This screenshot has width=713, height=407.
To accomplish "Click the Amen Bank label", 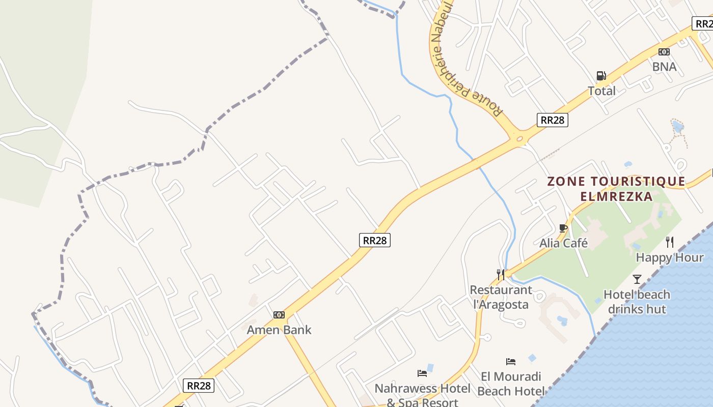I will pyautogui.click(x=279, y=330).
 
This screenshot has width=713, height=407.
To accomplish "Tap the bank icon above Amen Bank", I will pyautogui.click(x=279, y=315).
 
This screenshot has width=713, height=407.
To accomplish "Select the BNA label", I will pyautogui.click(x=664, y=67).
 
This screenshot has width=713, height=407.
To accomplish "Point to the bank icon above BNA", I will pyautogui.click(x=664, y=51).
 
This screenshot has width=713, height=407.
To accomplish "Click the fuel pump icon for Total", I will pyautogui.click(x=601, y=76).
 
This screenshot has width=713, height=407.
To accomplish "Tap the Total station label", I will pyautogui.click(x=601, y=91).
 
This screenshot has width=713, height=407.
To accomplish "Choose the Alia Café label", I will pyautogui.click(x=563, y=243).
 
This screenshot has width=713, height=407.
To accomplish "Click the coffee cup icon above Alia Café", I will pyautogui.click(x=563, y=228).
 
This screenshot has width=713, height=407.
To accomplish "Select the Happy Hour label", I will pyautogui.click(x=669, y=257).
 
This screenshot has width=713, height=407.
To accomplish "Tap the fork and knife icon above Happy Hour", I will pyautogui.click(x=670, y=242).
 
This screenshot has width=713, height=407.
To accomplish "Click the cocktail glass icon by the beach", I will pyautogui.click(x=637, y=279).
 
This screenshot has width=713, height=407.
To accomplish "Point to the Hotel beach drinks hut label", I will pyautogui.click(x=637, y=302).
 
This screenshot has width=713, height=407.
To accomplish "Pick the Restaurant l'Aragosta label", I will pyautogui.click(x=501, y=297).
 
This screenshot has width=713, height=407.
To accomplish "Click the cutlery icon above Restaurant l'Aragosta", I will pyautogui.click(x=501, y=275).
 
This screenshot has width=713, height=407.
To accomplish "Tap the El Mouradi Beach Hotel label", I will pyautogui.click(x=511, y=384).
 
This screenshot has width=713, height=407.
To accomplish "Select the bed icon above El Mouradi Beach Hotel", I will pyautogui.click(x=511, y=362).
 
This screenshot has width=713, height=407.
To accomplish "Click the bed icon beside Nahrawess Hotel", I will pyautogui.click(x=422, y=373).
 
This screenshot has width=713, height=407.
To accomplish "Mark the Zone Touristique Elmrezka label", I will pyautogui.click(x=616, y=189).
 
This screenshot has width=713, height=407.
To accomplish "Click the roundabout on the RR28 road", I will pyautogui.click(x=519, y=137).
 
